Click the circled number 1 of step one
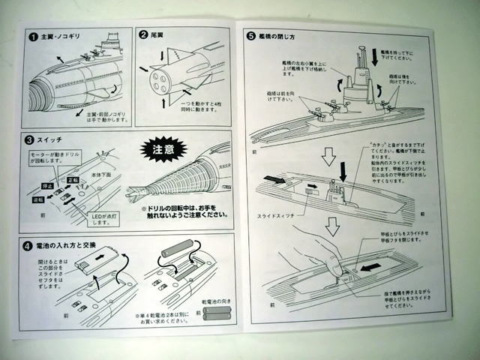point(34,36)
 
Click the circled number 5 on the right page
point(249,36)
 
